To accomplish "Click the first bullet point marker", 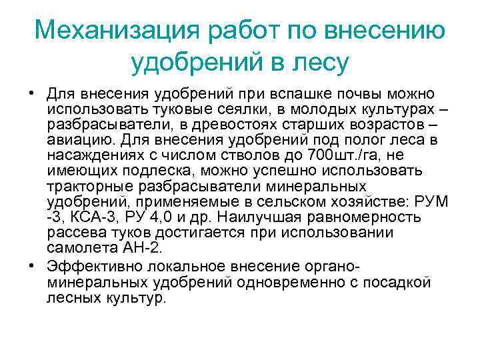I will (x=31, y=93).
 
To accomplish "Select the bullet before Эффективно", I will (x=31, y=265).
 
